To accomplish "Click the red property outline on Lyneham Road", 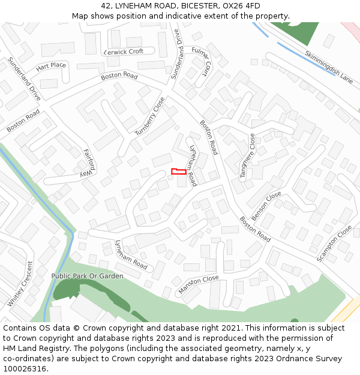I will click(x=179, y=172).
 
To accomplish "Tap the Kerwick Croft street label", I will click(x=124, y=52).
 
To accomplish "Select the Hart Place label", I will click(x=51, y=65).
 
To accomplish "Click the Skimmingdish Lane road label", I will click(x=329, y=67).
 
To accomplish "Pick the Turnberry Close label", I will click(x=149, y=116).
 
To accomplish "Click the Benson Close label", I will click(x=266, y=206).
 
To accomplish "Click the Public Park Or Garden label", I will click(x=87, y=276).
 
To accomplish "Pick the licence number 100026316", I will click(x=25, y=369).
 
